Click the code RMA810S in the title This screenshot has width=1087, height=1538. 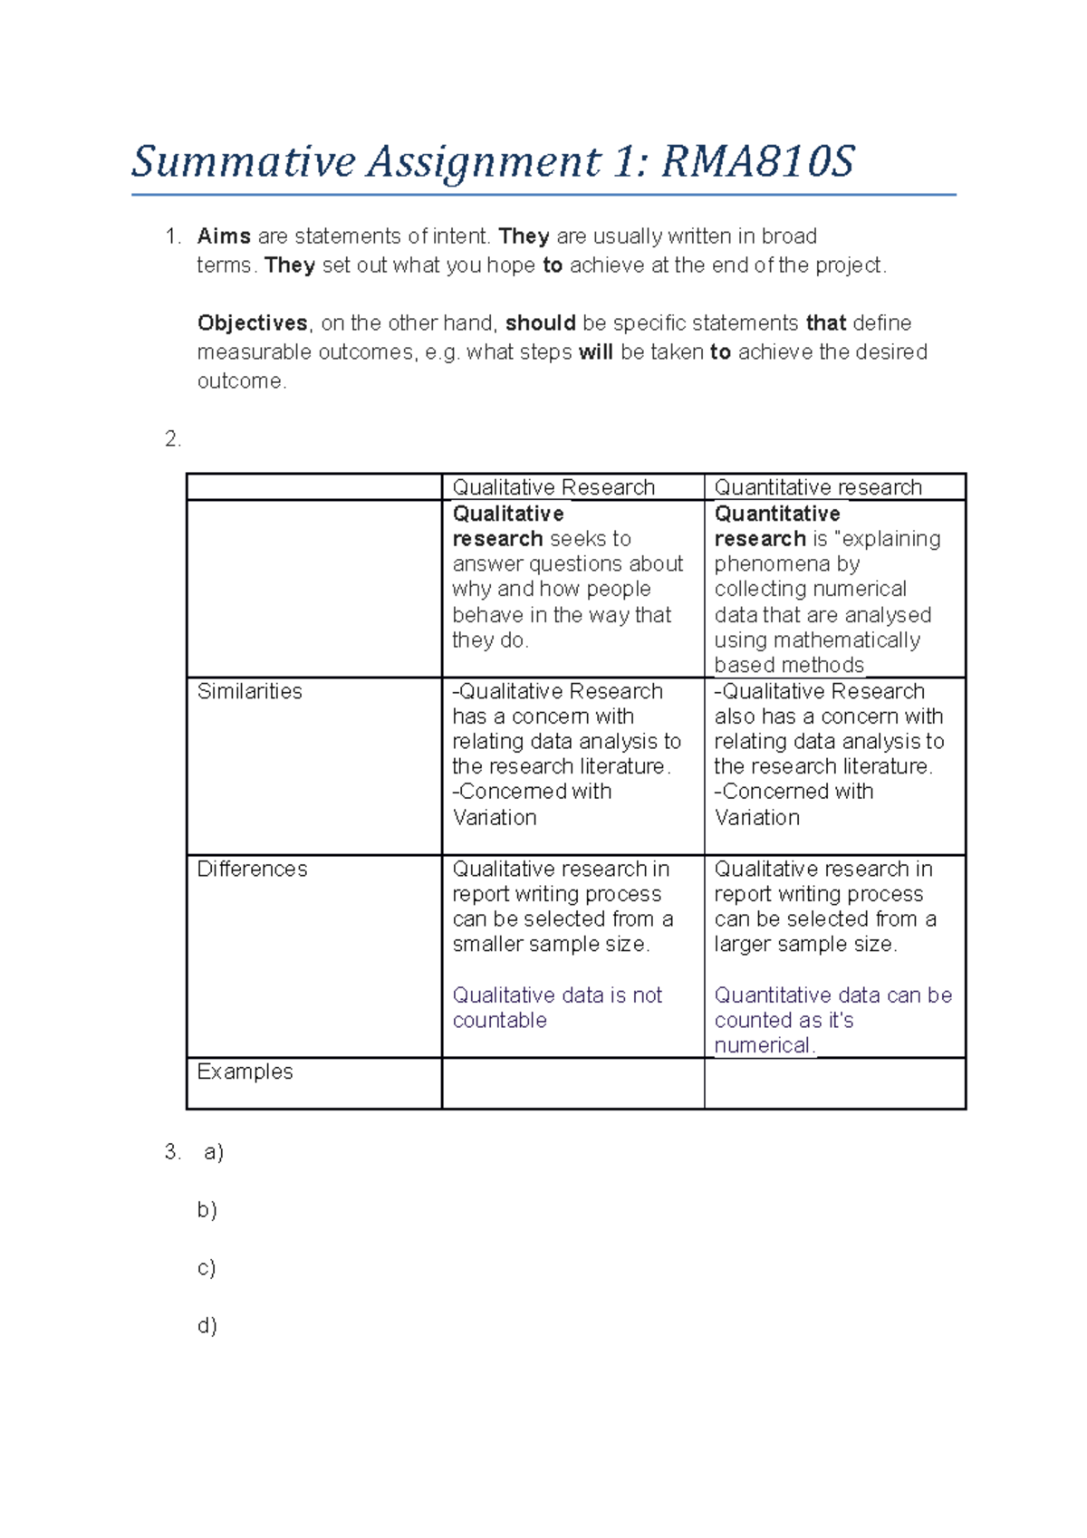[x=757, y=163]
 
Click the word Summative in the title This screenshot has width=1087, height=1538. [x=244, y=163]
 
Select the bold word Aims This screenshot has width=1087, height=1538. [x=224, y=236]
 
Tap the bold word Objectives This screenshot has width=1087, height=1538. [x=252, y=323]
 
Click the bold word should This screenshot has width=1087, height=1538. [x=540, y=323]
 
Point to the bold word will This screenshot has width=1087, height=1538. [x=595, y=352]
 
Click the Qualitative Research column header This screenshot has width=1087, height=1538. [x=553, y=487]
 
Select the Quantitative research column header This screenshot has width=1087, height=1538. [x=817, y=487]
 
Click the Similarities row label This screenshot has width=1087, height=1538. [x=250, y=692]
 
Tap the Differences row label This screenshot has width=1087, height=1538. [x=252, y=870]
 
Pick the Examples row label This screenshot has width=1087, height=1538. [x=245, y=1072]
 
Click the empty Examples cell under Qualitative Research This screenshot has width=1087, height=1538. [x=572, y=1083]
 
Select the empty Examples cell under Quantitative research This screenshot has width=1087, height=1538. [x=834, y=1083]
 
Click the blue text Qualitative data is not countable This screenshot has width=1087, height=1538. [x=556, y=1007]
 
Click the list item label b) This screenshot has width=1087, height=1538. [x=207, y=1210]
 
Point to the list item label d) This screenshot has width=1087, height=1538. [x=207, y=1326]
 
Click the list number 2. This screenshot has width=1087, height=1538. [x=172, y=439]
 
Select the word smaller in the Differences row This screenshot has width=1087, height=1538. [x=486, y=945]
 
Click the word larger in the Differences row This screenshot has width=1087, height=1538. [x=743, y=945]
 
